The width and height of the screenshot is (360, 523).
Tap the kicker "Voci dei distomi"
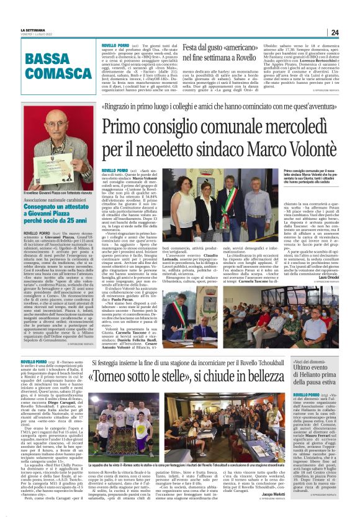[310, 362]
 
